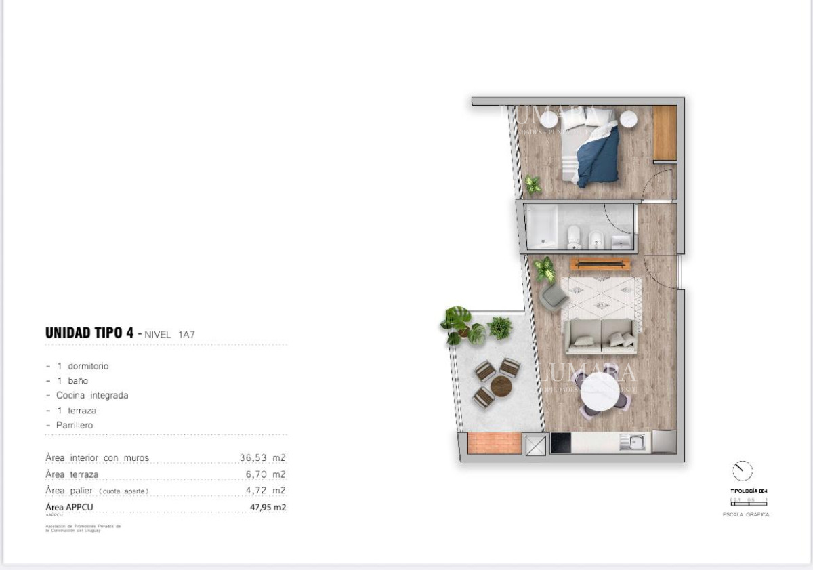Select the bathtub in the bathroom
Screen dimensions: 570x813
click(542, 226)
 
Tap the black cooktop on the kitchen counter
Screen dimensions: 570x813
click(560, 443)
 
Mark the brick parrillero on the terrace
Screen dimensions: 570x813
click(495, 443)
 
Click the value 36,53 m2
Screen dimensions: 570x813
click(262, 458)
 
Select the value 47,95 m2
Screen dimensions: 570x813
click(268, 507)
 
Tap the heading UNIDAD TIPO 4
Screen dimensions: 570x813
click(88, 333)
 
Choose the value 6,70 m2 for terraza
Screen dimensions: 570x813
click(266, 474)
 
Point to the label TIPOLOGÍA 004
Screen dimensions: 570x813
click(748, 491)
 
